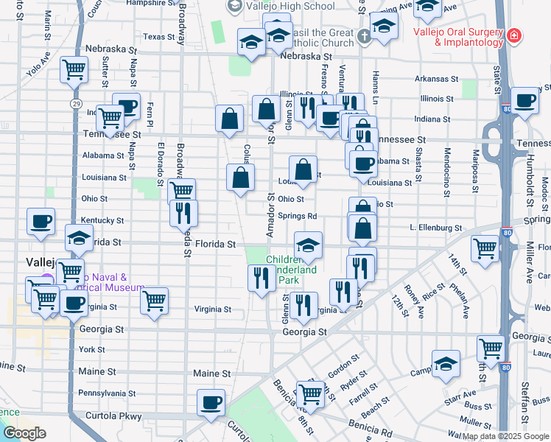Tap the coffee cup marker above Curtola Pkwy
click(x=211, y=403)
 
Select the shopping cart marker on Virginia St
click(x=154, y=300)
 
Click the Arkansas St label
click(x=436, y=79)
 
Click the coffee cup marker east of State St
click(x=524, y=100)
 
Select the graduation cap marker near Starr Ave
click(x=446, y=363)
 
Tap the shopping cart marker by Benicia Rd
click(x=311, y=393)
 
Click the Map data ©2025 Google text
click(x=505, y=435)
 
